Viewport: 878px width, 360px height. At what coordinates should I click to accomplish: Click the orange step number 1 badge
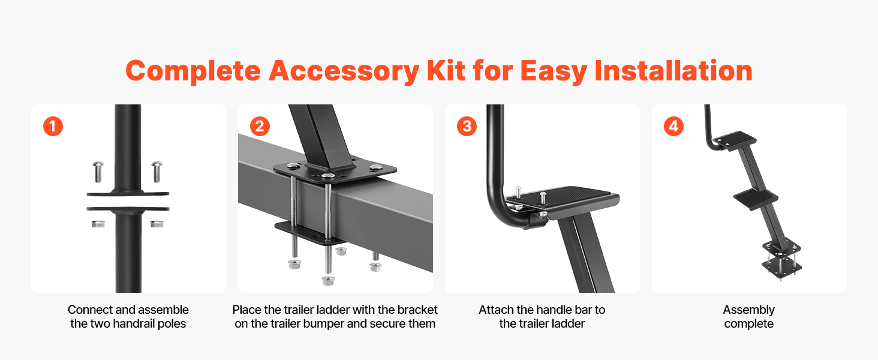click(x=53, y=126)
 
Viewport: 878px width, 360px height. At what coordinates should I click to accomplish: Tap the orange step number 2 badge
click(x=260, y=126)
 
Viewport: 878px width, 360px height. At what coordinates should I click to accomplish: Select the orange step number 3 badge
click(x=467, y=126)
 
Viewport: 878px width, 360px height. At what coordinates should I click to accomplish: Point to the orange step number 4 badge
click(x=673, y=126)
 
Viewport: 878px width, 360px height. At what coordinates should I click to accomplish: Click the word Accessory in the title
click(x=344, y=72)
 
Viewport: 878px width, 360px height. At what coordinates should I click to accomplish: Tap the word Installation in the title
click(x=673, y=71)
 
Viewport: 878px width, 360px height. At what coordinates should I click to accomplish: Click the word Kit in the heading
click(x=446, y=71)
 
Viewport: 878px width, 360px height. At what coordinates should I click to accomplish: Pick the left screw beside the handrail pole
click(x=98, y=172)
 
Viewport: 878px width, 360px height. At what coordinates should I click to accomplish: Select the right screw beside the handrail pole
click(x=157, y=172)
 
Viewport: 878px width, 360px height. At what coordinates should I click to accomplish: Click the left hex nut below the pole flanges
click(x=98, y=224)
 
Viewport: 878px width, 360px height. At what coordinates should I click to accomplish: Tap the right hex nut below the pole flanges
click(x=157, y=224)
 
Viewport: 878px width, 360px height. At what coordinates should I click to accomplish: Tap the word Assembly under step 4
click(x=748, y=310)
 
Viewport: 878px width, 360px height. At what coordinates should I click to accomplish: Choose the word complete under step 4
click(x=748, y=325)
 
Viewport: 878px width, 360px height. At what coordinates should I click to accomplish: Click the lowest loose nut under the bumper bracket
click(x=327, y=280)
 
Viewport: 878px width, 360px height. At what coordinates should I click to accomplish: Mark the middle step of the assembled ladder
click(x=755, y=199)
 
